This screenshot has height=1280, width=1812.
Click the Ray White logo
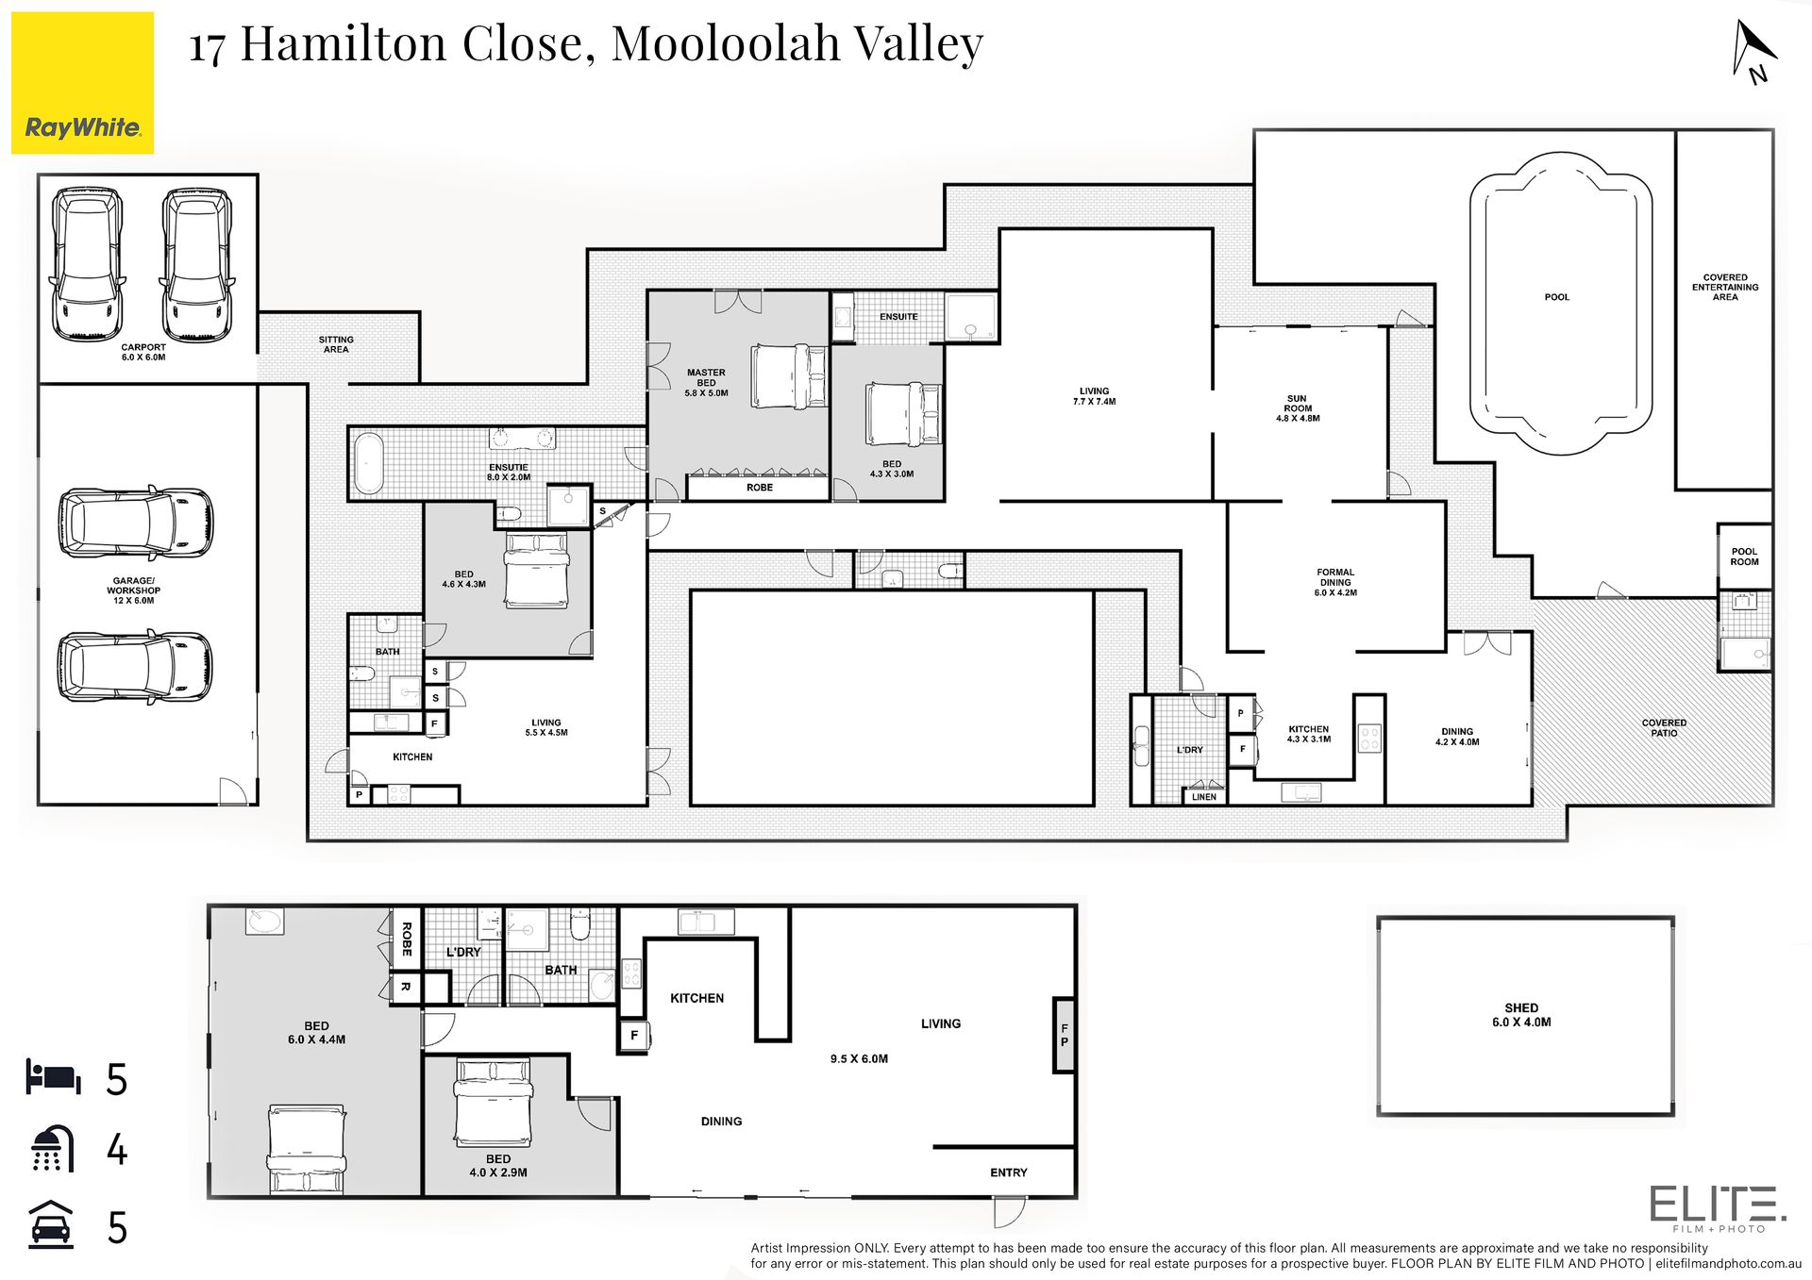tap(82, 83)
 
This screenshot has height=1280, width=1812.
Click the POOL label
tap(1557, 297)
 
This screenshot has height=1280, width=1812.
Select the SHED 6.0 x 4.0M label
tap(1521, 1015)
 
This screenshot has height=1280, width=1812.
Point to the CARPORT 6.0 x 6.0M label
tap(143, 353)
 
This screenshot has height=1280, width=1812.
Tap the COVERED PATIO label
tap(1664, 728)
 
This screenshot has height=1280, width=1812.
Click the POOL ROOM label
tap(1744, 557)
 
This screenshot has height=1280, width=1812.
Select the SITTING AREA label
tap(336, 344)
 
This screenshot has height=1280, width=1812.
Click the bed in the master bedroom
tap(789, 376)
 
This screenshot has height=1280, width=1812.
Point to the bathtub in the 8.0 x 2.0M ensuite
tap(368, 464)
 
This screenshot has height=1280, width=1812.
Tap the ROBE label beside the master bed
tap(760, 488)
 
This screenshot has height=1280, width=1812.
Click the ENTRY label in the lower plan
tap(1009, 1172)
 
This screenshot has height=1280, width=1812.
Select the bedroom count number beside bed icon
tap(117, 1080)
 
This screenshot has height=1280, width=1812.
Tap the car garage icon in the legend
tap(51, 1225)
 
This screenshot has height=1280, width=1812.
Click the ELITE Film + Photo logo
tap(1718, 1209)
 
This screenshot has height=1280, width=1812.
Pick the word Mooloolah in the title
tap(726, 43)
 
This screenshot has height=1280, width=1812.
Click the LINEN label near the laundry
tap(1204, 797)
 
